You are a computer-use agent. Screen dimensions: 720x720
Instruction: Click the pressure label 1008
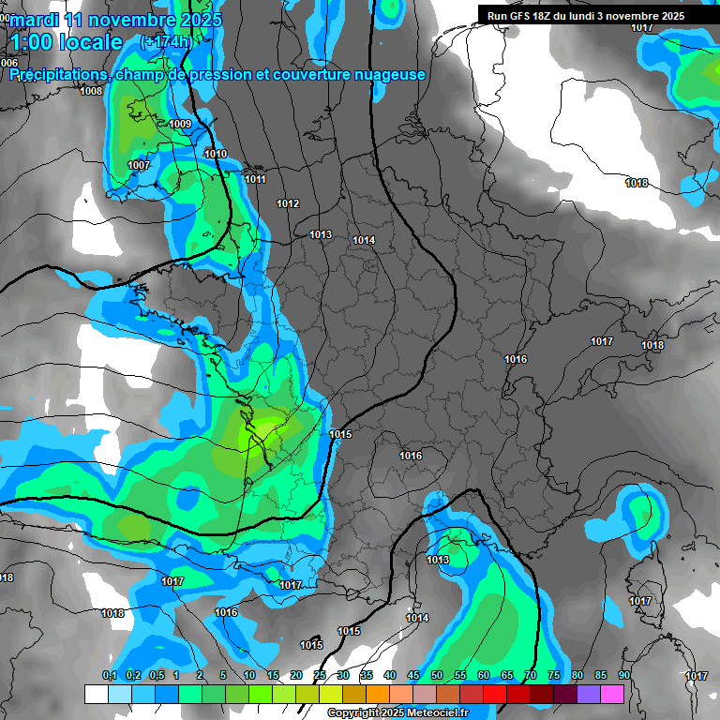pyautogui.click(x=91, y=91)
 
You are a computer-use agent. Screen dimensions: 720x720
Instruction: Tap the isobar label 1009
pyautogui.click(x=180, y=124)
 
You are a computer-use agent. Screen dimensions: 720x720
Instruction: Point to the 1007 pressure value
pyautogui.click(x=138, y=165)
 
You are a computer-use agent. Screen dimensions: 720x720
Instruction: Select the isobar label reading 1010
pyautogui.click(x=216, y=154)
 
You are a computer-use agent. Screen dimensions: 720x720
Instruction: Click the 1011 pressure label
pyautogui.click(x=255, y=179)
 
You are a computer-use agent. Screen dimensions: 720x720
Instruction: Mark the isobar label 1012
pyautogui.click(x=288, y=203)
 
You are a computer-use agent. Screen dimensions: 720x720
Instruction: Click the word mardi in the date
pyautogui.click(x=37, y=20)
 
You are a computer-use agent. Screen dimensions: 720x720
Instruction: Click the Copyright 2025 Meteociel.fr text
pyautogui.click(x=398, y=713)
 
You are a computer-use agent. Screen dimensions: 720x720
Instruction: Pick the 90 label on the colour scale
pyautogui.click(x=623, y=676)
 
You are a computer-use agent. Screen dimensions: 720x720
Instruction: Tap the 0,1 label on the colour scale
pyautogui.click(x=109, y=676)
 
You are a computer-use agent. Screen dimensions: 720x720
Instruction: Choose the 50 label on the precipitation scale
pyautogui.click(x=437, y=676)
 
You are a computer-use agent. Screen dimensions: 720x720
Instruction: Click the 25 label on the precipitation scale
pyautogui.click(x=320, y=676)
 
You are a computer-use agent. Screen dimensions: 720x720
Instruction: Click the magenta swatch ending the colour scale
pyautogui.click(x=612, y=694)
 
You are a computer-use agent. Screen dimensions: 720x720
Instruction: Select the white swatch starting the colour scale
pyautogui.click(x=96, y=694)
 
